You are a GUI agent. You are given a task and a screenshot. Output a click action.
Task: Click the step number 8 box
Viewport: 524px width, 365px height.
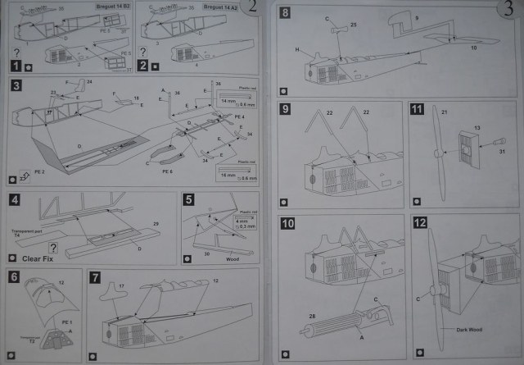pos(285,13)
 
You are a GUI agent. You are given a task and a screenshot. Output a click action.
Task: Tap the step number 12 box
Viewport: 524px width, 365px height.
pos(419,223)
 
